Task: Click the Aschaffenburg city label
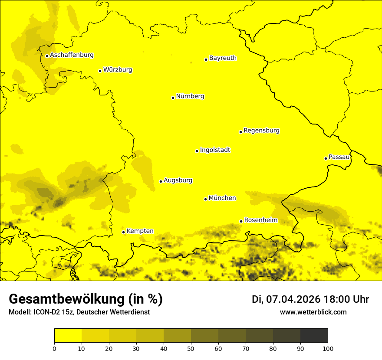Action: point(72,55)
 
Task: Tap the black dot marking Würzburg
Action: point(100,71)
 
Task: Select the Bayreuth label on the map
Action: point(223,58)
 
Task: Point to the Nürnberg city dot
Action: point(173,98)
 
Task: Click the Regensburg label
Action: point(261,131)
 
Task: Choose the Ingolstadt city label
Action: point(215,150)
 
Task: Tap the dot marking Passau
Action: point(326,158)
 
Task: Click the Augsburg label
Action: point(178,180)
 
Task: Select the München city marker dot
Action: point(205,199)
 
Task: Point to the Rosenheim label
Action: point(260,220)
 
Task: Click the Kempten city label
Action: point(140,231)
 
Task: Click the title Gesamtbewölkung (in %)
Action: point(86,299)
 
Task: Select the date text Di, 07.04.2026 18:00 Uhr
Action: point(310,299)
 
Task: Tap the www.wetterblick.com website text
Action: point(313,312)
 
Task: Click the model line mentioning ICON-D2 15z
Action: point(79,312)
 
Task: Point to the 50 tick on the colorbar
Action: point(191,348)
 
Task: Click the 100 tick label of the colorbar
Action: point(328,348)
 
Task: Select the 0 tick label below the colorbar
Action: point(54,348)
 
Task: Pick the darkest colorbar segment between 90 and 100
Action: point(314,335)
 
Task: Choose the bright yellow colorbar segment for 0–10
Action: point(68,335)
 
